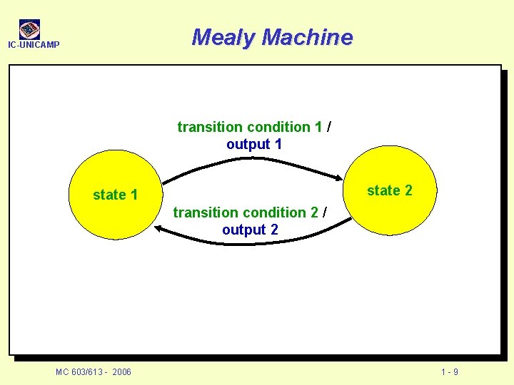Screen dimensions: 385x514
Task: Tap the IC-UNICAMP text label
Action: (x=34, y=46)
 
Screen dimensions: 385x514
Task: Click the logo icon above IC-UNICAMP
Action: (x=29, y=29)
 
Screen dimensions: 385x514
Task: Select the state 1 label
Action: (x=115, y=195)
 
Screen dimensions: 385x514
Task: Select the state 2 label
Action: (x=389, y=190)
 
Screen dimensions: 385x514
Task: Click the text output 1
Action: (x=254, y=144)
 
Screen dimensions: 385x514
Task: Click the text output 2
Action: (x=250, y=230)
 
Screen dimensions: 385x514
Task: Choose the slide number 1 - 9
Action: (x=450, y=372)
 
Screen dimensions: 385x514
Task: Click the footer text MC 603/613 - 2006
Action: (x=94, y=372)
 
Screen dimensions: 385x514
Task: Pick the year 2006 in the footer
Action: (x=121, y=372)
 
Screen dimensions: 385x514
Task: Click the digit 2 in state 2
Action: (x=408, y=190)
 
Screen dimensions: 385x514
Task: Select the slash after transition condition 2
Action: (x=326, y=212)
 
